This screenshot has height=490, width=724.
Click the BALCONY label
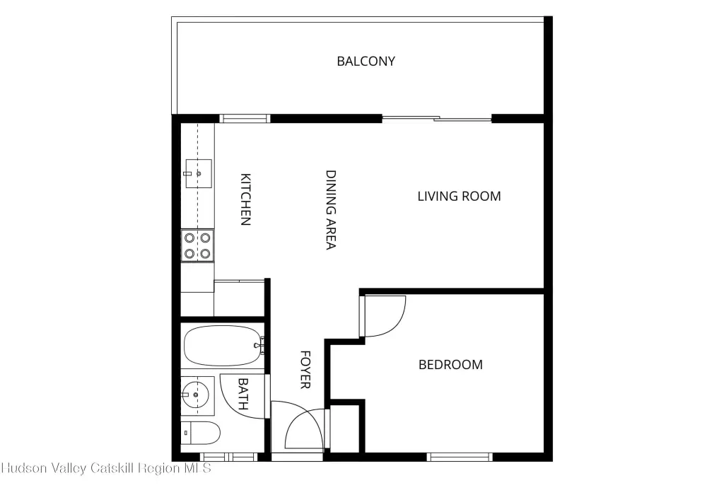[x=366, y=62]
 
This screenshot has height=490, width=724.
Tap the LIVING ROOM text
[x=459, y=197]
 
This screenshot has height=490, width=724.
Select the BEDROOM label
[x=450, y=365]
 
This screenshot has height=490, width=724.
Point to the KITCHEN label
[x=245, y=199]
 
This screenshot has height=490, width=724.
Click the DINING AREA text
[x=331, y=210]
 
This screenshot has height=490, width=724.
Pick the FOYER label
[x=305, y=370]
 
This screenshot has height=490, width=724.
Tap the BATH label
[x=243, y=394]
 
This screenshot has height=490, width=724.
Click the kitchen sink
[x=199, y=174]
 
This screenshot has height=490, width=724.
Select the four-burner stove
[x=197, y=245]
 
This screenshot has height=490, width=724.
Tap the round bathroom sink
[x=195, y=395]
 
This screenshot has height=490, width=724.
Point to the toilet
[x=200, y=433]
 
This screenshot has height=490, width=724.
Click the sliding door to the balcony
[x=437, y=119]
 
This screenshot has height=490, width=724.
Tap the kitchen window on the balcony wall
[x=245, y=119]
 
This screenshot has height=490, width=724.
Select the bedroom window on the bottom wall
[x=460, y=457]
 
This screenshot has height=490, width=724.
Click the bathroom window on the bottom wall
[x=230, y=457]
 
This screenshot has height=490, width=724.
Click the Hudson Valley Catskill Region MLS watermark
[x=106, y=468]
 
